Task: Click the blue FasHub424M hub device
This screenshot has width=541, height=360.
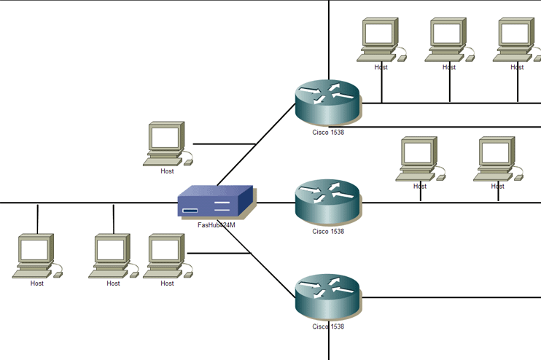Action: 215,202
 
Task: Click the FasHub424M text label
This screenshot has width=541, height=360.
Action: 217,225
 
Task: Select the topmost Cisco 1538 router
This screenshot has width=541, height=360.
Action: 327,102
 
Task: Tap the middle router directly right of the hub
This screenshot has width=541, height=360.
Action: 327,202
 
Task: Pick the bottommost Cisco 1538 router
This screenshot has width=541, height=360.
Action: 327,296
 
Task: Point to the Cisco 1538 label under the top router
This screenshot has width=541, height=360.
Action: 328,132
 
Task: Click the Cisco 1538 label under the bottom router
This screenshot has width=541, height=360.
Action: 328,326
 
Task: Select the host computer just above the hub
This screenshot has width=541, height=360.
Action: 166,141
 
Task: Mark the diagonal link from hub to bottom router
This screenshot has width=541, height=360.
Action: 270,273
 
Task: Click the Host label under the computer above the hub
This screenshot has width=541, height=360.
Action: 168,171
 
